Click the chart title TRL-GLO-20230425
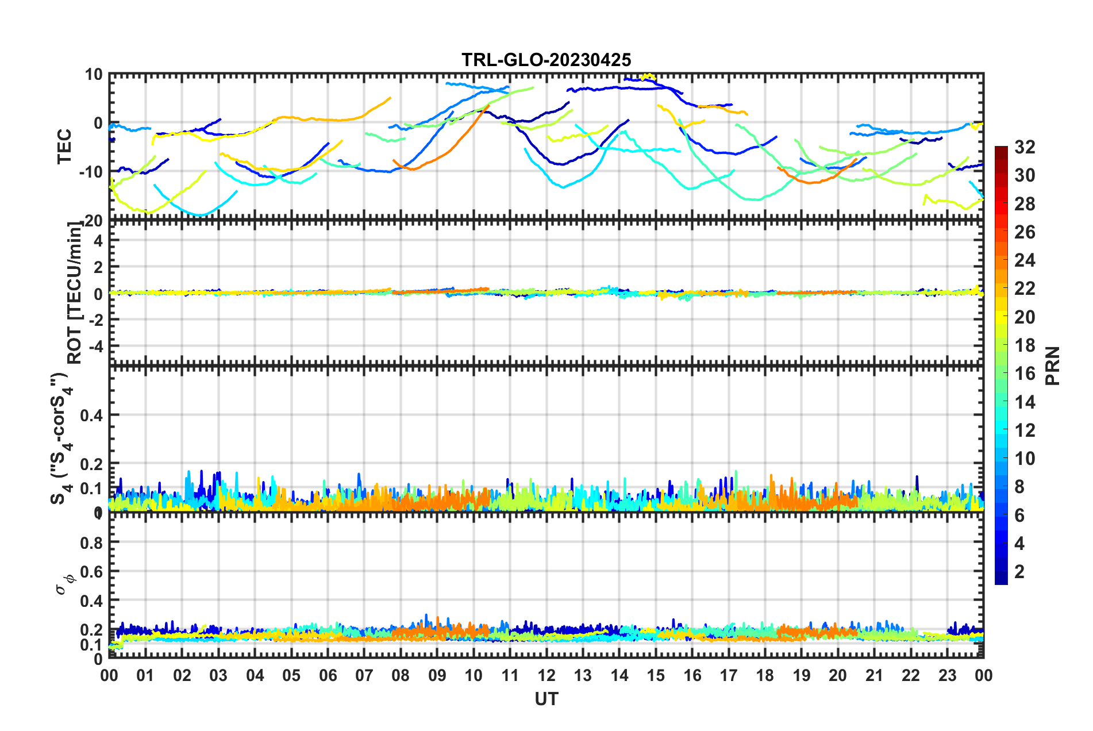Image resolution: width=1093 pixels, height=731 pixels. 546,60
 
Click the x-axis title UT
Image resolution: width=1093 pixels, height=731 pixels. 546,699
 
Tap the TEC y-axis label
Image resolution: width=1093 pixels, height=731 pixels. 64,146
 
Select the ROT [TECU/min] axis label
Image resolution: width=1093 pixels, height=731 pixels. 75,293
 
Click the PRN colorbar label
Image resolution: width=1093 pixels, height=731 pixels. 1053,365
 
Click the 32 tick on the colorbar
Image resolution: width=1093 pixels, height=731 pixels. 1025,147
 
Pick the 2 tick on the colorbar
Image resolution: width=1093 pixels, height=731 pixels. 1019,571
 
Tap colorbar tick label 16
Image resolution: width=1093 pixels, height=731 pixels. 1025,374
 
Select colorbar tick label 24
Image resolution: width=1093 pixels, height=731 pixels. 1025,260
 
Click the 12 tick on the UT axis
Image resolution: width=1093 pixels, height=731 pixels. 546,675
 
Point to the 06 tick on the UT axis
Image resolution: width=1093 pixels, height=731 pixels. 328,675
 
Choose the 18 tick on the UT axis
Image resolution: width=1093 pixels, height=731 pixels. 765,675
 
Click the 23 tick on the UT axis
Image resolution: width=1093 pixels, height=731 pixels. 947,675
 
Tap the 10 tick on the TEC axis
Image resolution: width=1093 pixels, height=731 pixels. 94,75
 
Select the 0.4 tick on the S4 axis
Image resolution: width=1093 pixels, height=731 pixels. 91,415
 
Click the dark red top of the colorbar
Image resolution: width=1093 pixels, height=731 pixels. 1001,151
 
